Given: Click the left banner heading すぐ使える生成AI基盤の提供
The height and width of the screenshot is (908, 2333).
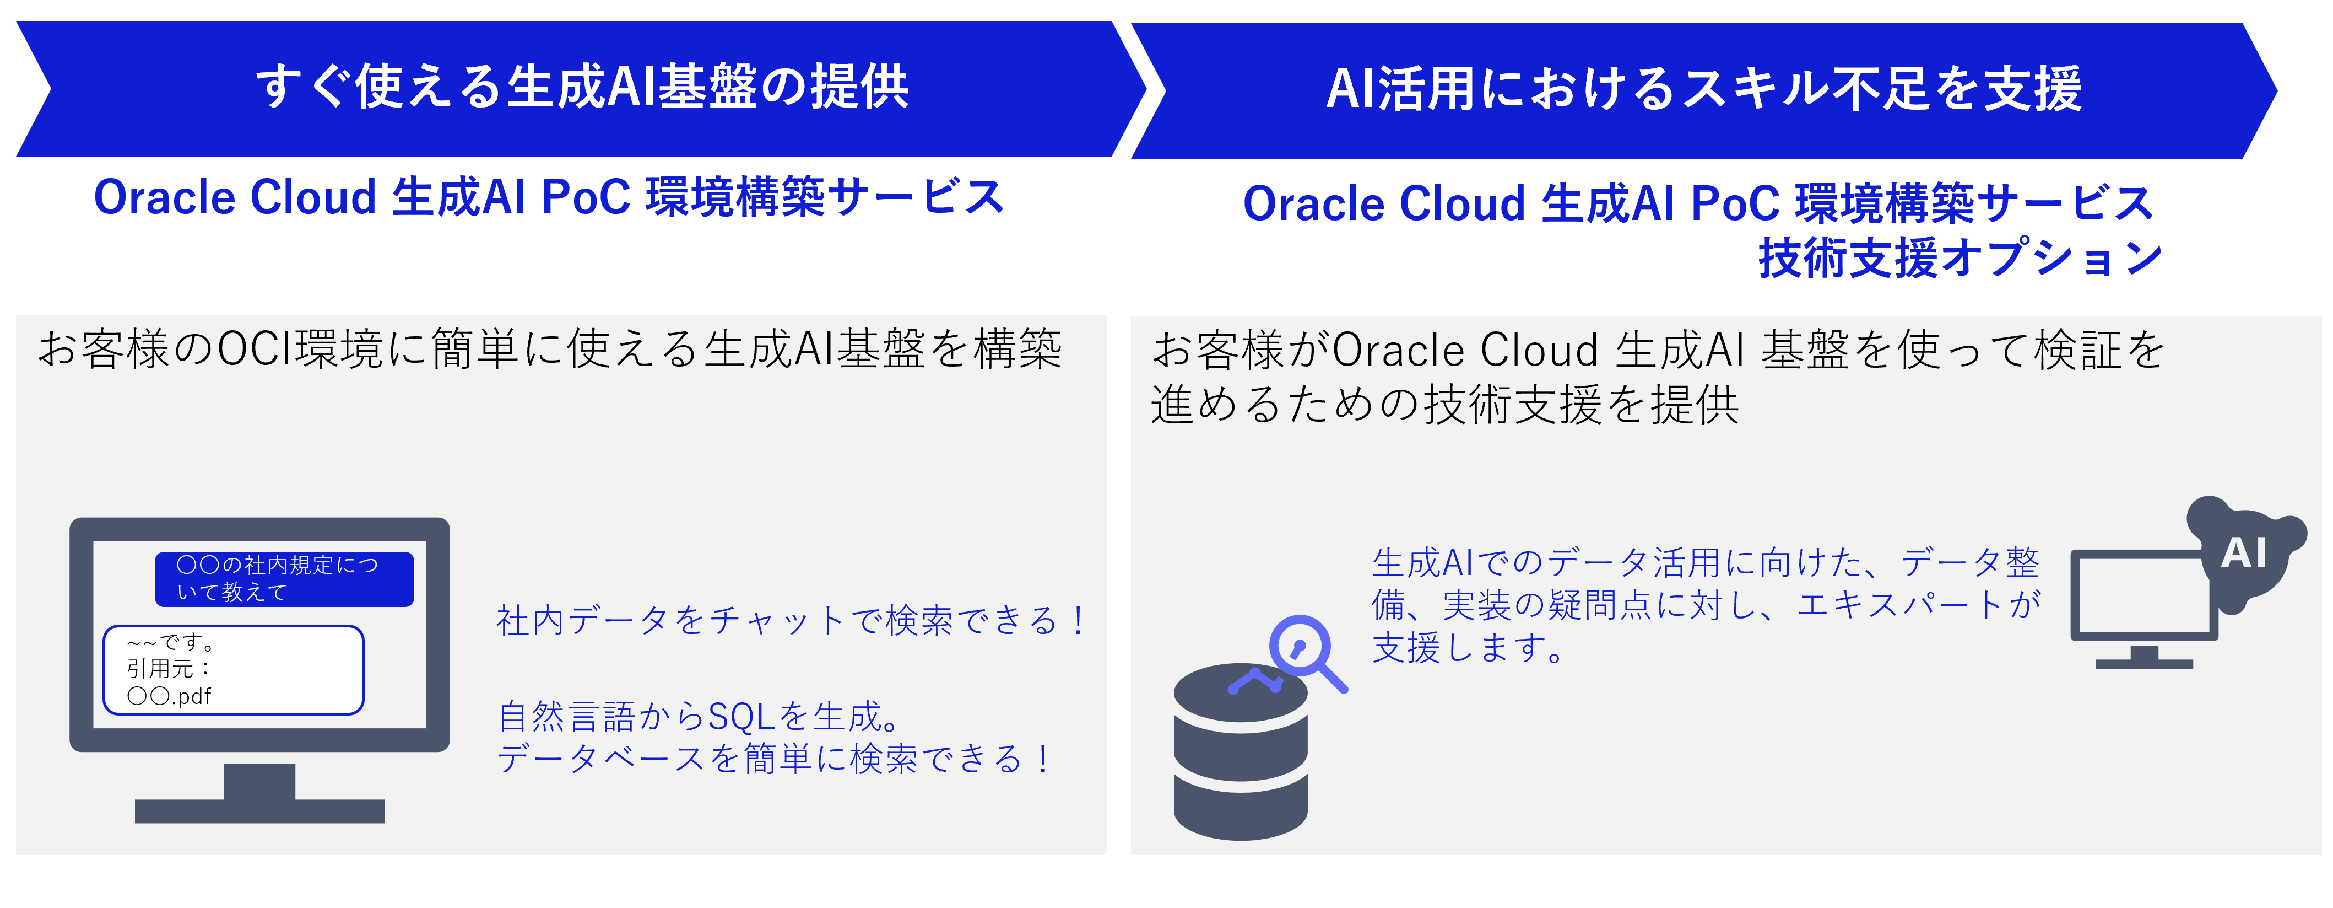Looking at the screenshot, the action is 582,87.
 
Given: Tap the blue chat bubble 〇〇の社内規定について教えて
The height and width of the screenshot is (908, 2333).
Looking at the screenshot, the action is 284,579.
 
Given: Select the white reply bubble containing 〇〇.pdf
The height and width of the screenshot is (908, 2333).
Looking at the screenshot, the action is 234,670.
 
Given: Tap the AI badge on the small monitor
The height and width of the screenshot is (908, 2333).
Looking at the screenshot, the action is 2243,553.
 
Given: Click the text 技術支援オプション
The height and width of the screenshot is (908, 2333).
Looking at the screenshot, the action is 1960,258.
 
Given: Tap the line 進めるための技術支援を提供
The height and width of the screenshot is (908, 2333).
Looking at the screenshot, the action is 1444,404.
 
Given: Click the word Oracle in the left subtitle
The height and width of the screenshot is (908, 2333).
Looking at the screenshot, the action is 164,197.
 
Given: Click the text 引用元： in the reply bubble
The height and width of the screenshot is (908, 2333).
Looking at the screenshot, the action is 169,669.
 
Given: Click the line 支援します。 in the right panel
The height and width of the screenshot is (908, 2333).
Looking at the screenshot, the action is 1467,647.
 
